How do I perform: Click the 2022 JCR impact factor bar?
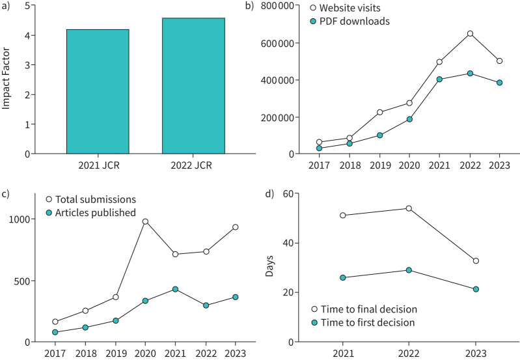tap(193, 85)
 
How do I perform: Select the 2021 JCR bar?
tap(98, 92)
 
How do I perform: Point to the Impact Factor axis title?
tap(6, 79)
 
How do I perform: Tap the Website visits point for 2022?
tap(470, 33)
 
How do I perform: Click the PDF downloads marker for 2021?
tap(439, 79)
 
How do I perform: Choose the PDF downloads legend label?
tap(355, 21)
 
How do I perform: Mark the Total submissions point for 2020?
tap(145, 221)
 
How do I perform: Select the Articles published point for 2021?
tap(176, 289)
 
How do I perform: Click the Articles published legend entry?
tap(91, 213)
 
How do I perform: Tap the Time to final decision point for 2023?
tap(476, 261)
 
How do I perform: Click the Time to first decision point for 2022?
tap(409, 270)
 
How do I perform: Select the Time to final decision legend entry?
tap(364, 309)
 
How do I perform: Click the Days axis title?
tap(269, 266)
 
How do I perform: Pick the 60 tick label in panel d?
tap(288, 193)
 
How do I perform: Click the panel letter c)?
tap(5, 194)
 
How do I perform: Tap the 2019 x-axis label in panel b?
tap(380, 165)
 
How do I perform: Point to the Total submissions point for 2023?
tap(236, 227)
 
